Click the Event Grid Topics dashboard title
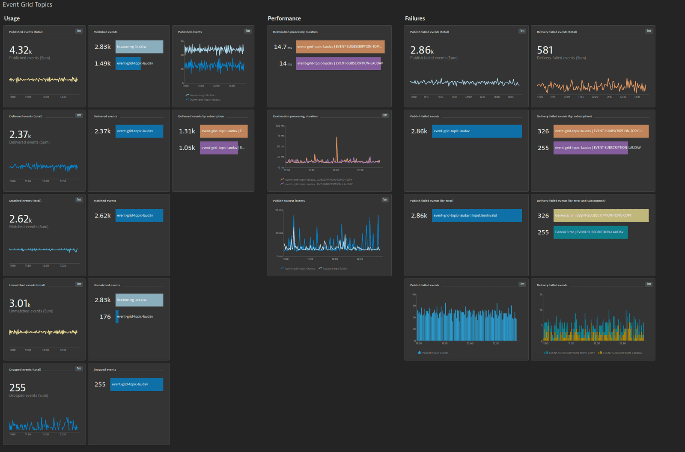pos(27,5)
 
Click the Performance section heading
pos(284,18)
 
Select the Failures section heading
pos(415,18)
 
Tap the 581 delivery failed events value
pos(545,50)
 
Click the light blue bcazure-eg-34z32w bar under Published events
pos(139,47)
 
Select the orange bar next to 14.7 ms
pos(340,47)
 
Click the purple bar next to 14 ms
pos(338,63)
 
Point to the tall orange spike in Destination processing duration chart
pos(337,139)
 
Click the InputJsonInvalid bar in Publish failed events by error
pos(477,216)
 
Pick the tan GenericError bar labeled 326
pos(601,216)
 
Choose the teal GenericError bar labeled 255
pos(590,232)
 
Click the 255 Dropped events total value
pos(18,388)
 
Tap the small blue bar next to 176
pos(117,317)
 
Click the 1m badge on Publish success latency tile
pos(385,200)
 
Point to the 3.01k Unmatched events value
pos(19,303)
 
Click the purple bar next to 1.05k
pos(219,148)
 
